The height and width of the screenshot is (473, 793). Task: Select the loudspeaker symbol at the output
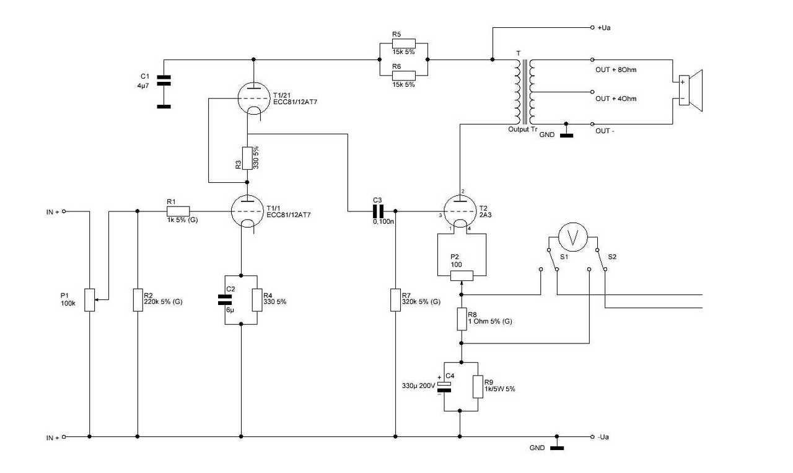pyautogui.click(x=690, y=91)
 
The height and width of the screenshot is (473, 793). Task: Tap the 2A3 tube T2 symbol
pyautogui.click(x=460, y=211)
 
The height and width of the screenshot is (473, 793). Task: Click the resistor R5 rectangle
pyautogui.click(x=403, y=43)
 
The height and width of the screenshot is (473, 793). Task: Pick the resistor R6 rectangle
pyautogui.click(x=403, y=76)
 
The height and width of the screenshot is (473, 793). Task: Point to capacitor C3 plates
pyautogui.click(x=379, y=211)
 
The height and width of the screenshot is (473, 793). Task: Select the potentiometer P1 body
pyautogui.click(x=90, y=300)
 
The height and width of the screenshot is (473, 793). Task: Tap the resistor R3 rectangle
pyautogui.click(x=247, y=158)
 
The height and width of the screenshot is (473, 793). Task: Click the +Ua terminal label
pyautogui.click(x=604, y=28)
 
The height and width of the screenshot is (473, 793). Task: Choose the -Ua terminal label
pyautogui.click(x=603, y=437)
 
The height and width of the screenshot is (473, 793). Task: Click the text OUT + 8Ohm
pyautogui.click(x=616, y=70)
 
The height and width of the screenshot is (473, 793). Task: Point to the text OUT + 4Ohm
pyautogui.click(x=616, y=99)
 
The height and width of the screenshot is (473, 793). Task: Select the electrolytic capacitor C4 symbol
pyautogui.click(x=444, y=387)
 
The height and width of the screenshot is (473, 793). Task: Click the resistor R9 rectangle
pyautogui.click(x=478, y=387)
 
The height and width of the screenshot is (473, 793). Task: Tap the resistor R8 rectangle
pyautogui.click(x=462, y=319)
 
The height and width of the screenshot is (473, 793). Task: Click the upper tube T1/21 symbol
pyautogui.click(x=253, y=99)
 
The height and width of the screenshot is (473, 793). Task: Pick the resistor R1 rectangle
pyautogui.click(x=178, y=211)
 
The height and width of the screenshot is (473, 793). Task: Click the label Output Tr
pyautogui.click(x=522, y=130)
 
